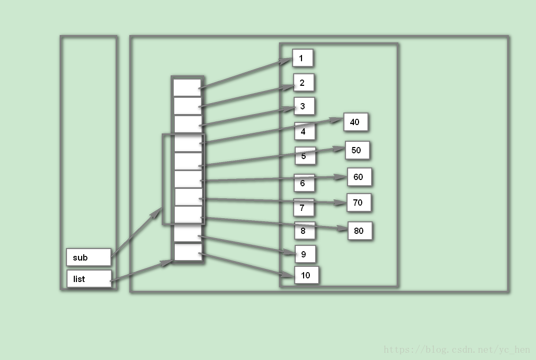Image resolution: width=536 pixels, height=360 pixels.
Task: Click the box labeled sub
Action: coord(88,257)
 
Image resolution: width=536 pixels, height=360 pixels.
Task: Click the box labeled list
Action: coord(89,279)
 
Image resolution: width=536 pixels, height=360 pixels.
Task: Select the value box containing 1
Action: coord(303,58)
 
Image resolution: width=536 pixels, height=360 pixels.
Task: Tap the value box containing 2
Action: coord(304,83)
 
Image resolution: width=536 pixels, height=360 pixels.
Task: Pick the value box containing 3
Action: coord(304,107)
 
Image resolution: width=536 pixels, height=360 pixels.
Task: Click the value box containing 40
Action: coord(356,122)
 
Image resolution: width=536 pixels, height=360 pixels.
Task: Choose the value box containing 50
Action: coord(357,151)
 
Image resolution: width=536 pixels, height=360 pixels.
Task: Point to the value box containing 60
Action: coord(359,177)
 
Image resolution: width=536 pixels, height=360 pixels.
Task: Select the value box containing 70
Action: coord(359,203)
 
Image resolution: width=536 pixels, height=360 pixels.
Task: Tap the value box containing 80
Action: coord(360,231)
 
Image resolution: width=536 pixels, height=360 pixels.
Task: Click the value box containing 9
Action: coord(305,254)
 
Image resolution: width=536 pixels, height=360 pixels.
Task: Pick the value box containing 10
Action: coord(306,275)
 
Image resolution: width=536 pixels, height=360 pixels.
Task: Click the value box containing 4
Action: coord(305,131)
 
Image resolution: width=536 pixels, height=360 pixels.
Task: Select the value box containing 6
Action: coord(304,183)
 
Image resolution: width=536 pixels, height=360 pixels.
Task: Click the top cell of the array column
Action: coord(187,87)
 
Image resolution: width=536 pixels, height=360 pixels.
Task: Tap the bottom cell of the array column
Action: coord(187,252)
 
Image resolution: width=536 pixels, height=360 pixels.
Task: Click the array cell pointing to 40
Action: coord(187,143)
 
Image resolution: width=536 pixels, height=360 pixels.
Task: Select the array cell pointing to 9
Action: coord(187,233)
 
